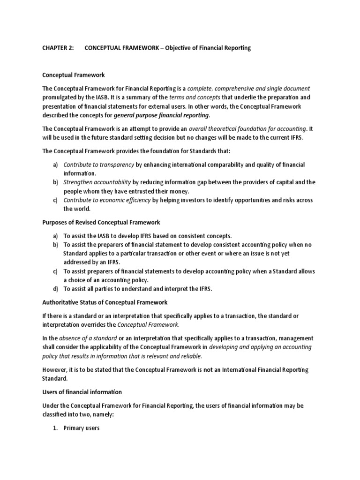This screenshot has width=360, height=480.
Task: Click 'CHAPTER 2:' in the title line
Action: coord(58,48)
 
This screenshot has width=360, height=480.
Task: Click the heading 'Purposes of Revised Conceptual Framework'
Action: coord(101,222)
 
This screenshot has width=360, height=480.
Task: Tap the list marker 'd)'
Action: coord(55,289)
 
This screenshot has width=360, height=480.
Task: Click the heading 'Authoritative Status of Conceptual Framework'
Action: coord(105,302)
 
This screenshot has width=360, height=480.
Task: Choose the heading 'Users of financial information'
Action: coord(82,392)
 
